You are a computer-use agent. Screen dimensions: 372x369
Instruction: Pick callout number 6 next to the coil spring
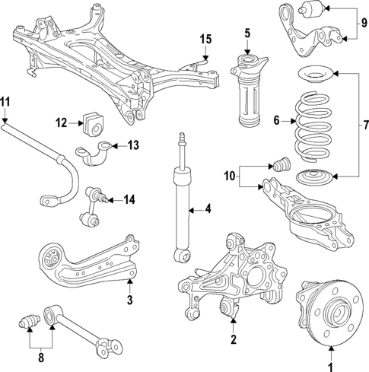(276, 119)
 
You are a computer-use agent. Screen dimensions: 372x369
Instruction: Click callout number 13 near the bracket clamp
(134, 144)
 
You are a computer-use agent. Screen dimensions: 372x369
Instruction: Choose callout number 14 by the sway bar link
(129, 199)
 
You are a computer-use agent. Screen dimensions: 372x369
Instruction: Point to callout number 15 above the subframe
(205, 39)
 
